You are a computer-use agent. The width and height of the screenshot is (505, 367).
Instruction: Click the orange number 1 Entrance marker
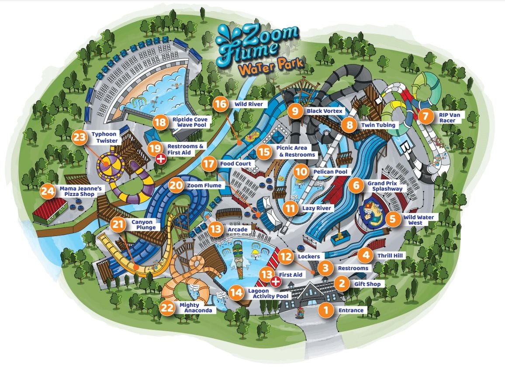pyautogui.click(x=325, y=310)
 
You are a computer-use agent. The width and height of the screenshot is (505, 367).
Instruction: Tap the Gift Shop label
pyautogui.click(x=367, y=284)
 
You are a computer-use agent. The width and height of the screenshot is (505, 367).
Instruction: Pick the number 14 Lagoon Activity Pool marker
pyautogui.click(x=236, y=292)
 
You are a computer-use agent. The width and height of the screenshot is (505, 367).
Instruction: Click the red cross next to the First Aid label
pyautogui.click(x=275, y=281)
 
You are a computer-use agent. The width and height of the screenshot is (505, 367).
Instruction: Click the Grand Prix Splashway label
pyautogui.click(x=384, y=186)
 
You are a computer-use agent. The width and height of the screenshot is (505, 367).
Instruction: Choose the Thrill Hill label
pyautogui.click(x=390, y=255)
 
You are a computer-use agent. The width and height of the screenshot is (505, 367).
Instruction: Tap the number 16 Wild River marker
pyautogui.click(x=221, y=104)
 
